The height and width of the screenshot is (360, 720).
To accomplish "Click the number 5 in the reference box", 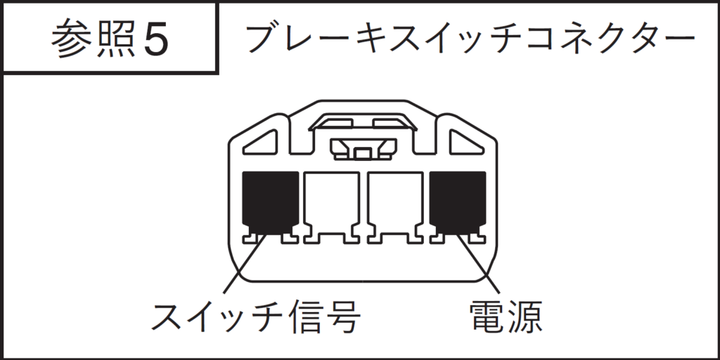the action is click(156, 38).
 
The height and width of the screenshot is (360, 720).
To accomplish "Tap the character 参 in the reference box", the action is click(72, 38).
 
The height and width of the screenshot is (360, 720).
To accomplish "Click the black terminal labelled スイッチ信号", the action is click(270, 202).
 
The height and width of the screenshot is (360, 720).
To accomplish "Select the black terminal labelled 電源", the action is click(457, 202).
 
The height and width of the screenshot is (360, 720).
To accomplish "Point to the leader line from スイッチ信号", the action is click(245, 263).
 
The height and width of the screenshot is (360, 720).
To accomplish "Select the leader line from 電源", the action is click(478, 263).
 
